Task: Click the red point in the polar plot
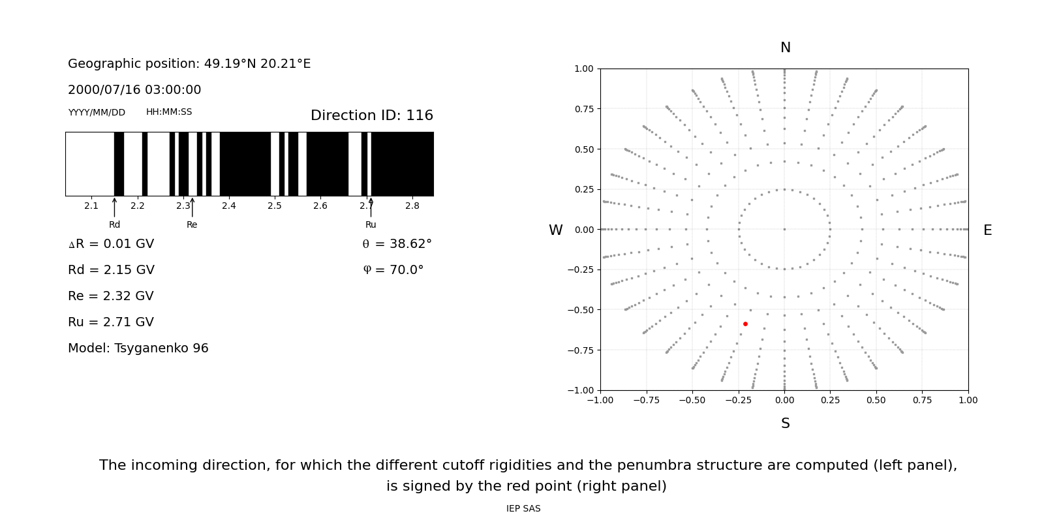click(745, 324)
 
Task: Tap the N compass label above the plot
click(785, 48)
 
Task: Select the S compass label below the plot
click(785, 423)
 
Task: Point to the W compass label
click(555, 230)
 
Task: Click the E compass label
click(987, 230)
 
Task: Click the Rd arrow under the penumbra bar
click(114, 207)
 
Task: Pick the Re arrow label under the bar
click(192, 224)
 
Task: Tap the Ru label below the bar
click(371, 224)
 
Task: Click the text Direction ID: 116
click(371, 115)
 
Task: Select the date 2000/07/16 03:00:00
click(134, 90)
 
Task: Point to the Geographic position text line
click(189, 64)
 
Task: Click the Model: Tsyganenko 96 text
click(138, 348)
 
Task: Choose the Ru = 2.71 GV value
click(111, 322)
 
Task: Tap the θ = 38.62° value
click(397, 244)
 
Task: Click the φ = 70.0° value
click(393, 270)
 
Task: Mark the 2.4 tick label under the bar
click(228, 206)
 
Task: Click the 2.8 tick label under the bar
click(412, 206)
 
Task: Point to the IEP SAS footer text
click(523, 509)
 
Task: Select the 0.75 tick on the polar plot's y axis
click(583, 109)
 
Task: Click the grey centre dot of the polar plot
click(784, 229)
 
